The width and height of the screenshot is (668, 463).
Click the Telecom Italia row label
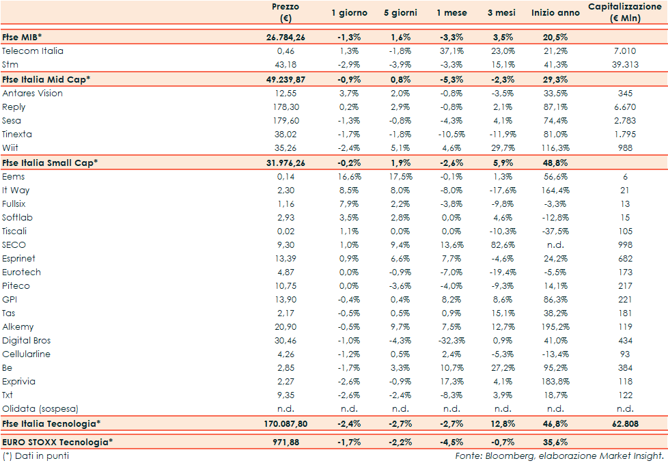tap(33, 51)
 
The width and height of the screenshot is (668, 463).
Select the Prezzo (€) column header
tap(285, 12)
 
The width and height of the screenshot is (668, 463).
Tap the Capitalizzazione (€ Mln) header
tap(624, 12)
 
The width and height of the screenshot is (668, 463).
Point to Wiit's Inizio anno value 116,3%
tap(555, 148)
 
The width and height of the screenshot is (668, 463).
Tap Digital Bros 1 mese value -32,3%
tap(451, 340)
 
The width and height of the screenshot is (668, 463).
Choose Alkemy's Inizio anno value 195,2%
tap(555, 326)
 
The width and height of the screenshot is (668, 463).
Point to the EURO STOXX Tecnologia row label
tap(56, 442)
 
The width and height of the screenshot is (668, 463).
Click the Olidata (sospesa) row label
tap(40, 408)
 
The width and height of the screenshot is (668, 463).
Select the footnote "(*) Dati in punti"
tap(36, 455)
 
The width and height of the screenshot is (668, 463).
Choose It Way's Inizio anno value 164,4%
tap(555, 190)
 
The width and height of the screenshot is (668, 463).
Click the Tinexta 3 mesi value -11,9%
tap(503, 134)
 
